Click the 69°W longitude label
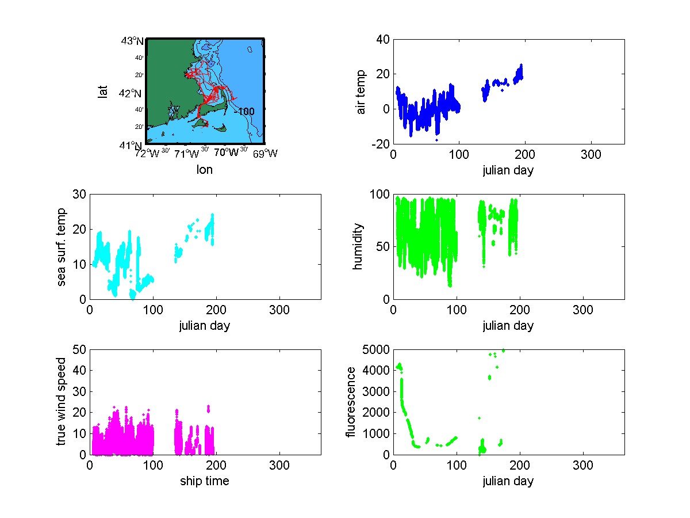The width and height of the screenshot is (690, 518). click(265, 154)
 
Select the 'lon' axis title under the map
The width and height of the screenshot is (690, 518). click(205, 170)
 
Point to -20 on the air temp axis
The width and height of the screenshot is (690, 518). click(380, 144)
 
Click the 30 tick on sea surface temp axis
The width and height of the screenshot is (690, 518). click(79, 195)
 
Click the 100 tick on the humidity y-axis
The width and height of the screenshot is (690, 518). click(379, 195)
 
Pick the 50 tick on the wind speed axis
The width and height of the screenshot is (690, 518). click(79, 350)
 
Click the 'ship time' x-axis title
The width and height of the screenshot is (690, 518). click(205, 481)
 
